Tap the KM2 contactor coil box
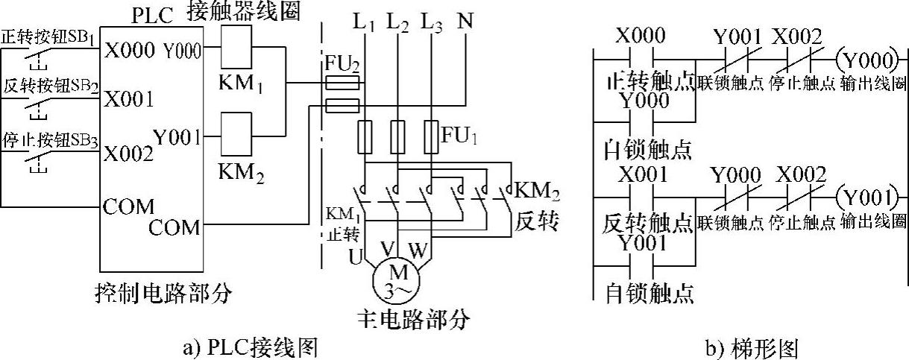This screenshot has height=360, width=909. [x=236, y=133]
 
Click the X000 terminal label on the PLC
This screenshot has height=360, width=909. [x=130, y=51]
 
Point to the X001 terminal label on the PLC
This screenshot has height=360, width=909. [x=129, y=99]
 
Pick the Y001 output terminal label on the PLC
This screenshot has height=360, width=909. [x=177, y=137]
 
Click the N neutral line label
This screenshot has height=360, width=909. [x=465, y=20]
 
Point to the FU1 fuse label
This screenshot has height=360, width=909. [x=459, y=136]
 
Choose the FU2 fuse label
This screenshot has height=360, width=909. [x=342, y=63]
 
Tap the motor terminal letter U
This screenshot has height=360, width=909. [x=356, y=256]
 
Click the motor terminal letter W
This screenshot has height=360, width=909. [x=418, y=250]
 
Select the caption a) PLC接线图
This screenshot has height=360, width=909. [x=251, y=348]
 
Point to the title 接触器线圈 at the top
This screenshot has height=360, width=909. [x=244, y=11]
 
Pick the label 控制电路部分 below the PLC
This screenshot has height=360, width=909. [x=163, y=293]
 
